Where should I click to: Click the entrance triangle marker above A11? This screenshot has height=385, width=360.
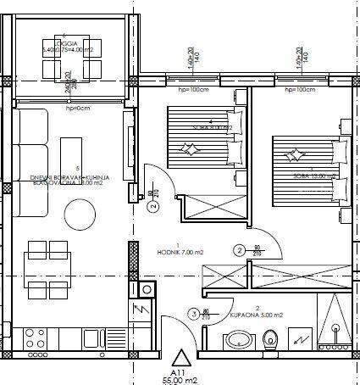(x=180, y=356)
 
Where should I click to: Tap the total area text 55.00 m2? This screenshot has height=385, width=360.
(x=180, y=380)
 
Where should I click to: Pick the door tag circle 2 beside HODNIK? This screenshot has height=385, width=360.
(x=240, y=249)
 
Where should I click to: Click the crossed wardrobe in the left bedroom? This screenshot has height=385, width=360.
(x=201, y=208)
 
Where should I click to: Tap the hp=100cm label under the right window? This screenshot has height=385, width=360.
(x=302, y=89)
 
